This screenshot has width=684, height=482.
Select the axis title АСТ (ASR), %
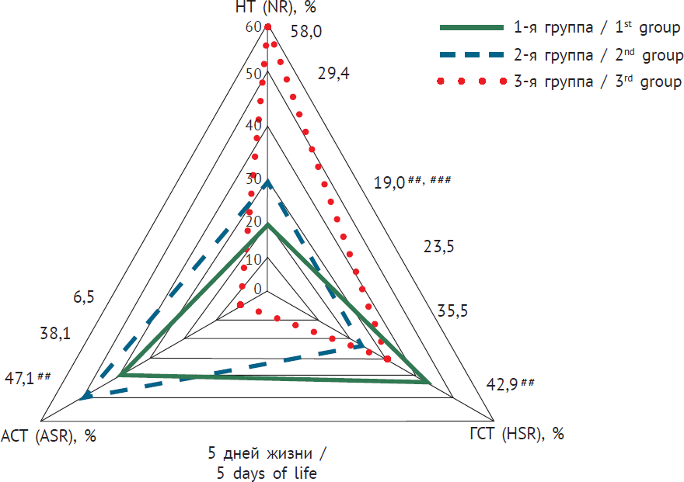(x=49, y=435)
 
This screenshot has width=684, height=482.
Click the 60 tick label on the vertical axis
(x=253, y=27)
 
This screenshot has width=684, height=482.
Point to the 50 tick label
(x=253, y=74)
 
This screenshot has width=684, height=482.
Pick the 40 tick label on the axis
(x=253, y=126)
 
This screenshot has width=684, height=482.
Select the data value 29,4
(x=334, y=74)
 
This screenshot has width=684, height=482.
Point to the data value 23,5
(x=439, y=247)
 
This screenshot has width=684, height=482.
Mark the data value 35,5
(x=453, y=312)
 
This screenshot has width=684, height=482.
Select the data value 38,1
(x=55, y=334)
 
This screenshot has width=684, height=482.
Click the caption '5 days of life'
(x=266, y=472)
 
